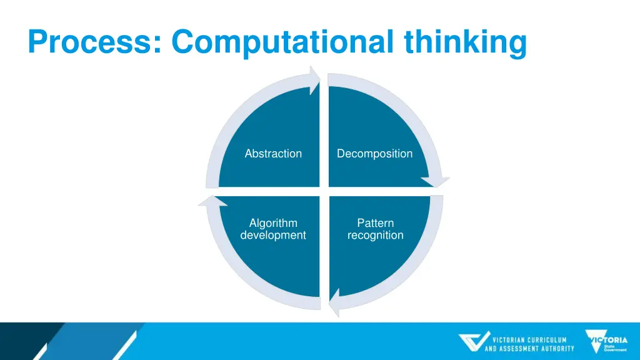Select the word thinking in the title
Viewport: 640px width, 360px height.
[x=465, y=42]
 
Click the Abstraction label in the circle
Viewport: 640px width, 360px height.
[x=273, y=154]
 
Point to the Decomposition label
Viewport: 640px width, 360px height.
[x=374, y=154]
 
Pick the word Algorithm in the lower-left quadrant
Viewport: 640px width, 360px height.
[x=273, y=223]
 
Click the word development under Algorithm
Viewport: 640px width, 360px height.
[x=273, y=236]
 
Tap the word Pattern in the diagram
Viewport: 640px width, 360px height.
[x=375, y=223]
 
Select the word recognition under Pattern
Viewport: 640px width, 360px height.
[x=375, y=236]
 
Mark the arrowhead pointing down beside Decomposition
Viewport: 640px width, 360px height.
[x=434, y=181]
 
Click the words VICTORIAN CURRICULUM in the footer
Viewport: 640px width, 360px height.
[x=529, y=340]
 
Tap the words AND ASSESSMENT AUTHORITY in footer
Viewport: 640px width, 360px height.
[x=529, y=349]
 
